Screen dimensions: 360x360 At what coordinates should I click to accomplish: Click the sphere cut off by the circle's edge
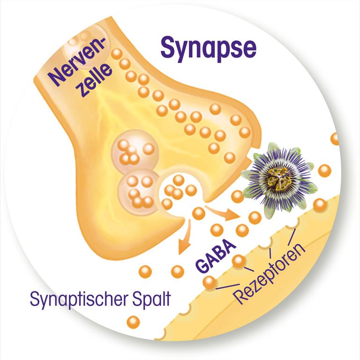click(x=335, y=139)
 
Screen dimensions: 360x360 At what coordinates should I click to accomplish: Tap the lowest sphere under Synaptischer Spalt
click(x=134, y=322)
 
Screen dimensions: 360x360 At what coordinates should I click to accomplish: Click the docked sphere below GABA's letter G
click(x=209, y=282)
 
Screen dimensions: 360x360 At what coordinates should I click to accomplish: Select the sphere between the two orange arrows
click(x=198, y=213)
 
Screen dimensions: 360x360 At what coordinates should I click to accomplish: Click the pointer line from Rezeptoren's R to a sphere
click(x=228, y=286)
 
